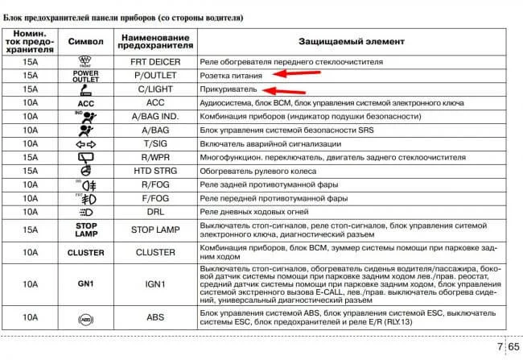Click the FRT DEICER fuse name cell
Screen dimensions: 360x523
[155, 61]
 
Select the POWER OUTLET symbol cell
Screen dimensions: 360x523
[86, 75]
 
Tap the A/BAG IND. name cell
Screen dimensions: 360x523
[155, 117]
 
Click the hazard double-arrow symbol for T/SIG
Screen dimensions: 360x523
[86, 143]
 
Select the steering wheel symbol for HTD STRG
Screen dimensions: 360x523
[86, 171]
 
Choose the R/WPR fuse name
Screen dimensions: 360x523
[155, 157]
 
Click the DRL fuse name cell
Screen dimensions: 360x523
[155, 212]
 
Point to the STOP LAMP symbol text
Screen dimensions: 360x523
[86, 230]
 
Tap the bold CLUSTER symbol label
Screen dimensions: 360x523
[86, 252]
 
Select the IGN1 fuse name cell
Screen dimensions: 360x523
[155, 284]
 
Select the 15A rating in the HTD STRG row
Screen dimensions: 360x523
[30, 171]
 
